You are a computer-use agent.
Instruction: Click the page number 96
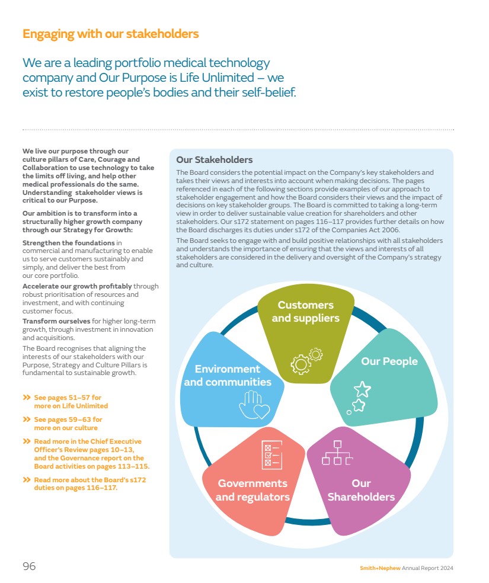(29, 566)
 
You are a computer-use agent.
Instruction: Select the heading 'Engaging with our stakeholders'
(110, 34)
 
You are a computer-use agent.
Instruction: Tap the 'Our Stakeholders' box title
(214, 160)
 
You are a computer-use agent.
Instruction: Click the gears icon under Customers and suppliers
(306, 361)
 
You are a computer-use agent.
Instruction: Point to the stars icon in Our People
(359, 396)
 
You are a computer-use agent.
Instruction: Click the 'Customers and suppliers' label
(305, 312)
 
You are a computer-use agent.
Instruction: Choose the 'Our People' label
(389, 361)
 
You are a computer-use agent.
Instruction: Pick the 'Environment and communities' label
(228, 376)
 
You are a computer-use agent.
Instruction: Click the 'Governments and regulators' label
(253, 490)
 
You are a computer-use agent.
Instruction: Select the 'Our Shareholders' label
(361, 490)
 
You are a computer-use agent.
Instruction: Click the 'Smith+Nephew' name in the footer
(380, 568)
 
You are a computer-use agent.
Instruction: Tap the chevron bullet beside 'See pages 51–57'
(26, 397)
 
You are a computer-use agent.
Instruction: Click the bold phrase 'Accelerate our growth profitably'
(77, 286)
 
